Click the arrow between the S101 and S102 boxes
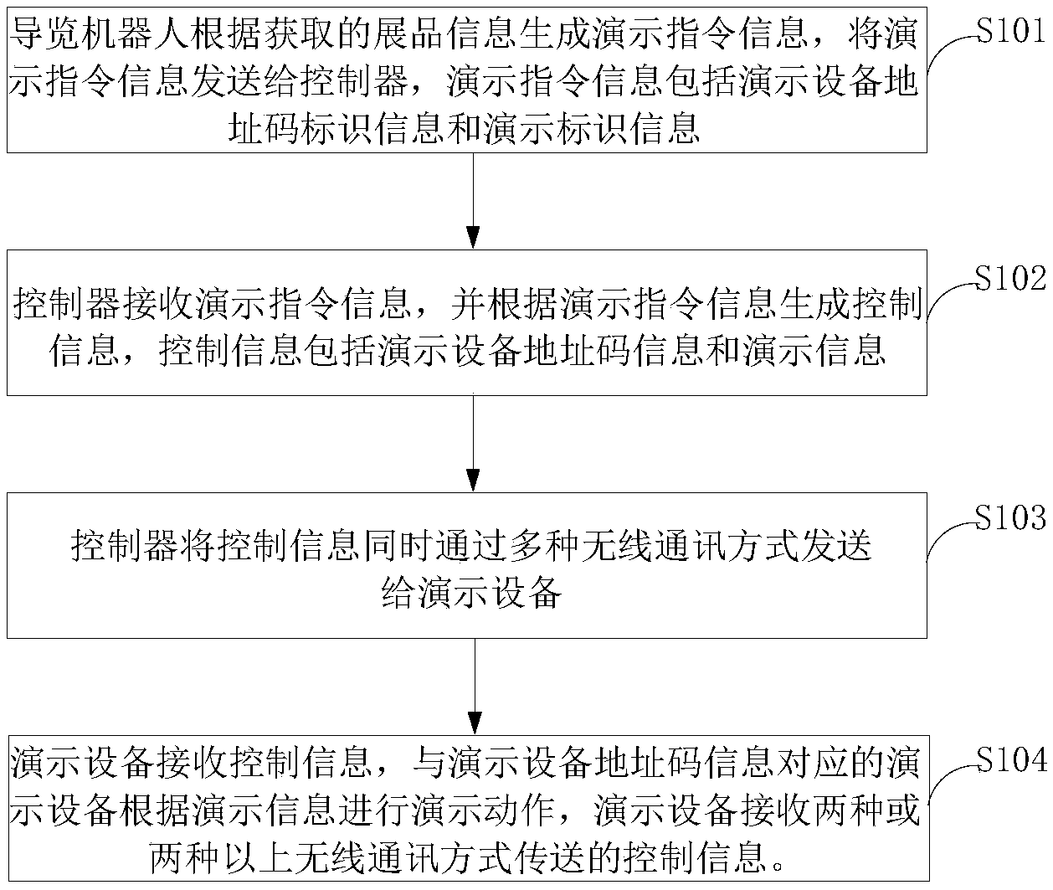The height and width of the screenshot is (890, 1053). point(474,201)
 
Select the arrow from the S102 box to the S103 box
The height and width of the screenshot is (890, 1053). point(474,444)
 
